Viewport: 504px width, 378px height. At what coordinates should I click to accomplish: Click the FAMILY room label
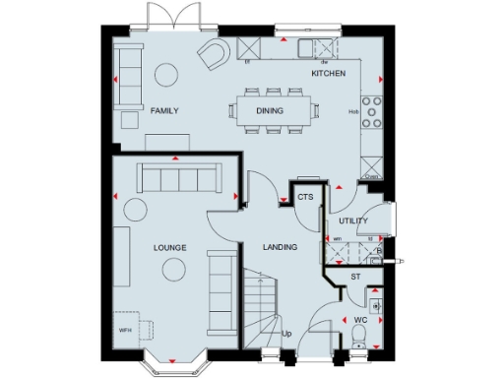point(164,111)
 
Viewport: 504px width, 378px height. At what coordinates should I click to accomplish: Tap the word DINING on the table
point(270,111)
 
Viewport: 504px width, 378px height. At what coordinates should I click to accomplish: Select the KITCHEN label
point(329,74)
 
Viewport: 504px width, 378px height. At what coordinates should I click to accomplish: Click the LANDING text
point(280,247)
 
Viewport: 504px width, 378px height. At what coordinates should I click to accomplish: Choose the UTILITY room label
point(352,221)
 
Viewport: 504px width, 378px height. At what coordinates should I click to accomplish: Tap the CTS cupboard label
point(305,198)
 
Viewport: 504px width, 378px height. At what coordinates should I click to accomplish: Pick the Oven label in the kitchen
point(371,177)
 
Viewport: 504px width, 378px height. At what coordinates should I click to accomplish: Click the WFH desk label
point(125,331)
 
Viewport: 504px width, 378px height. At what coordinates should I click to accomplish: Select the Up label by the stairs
point(286,334)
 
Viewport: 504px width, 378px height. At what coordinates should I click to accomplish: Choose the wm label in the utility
point(337,238)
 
